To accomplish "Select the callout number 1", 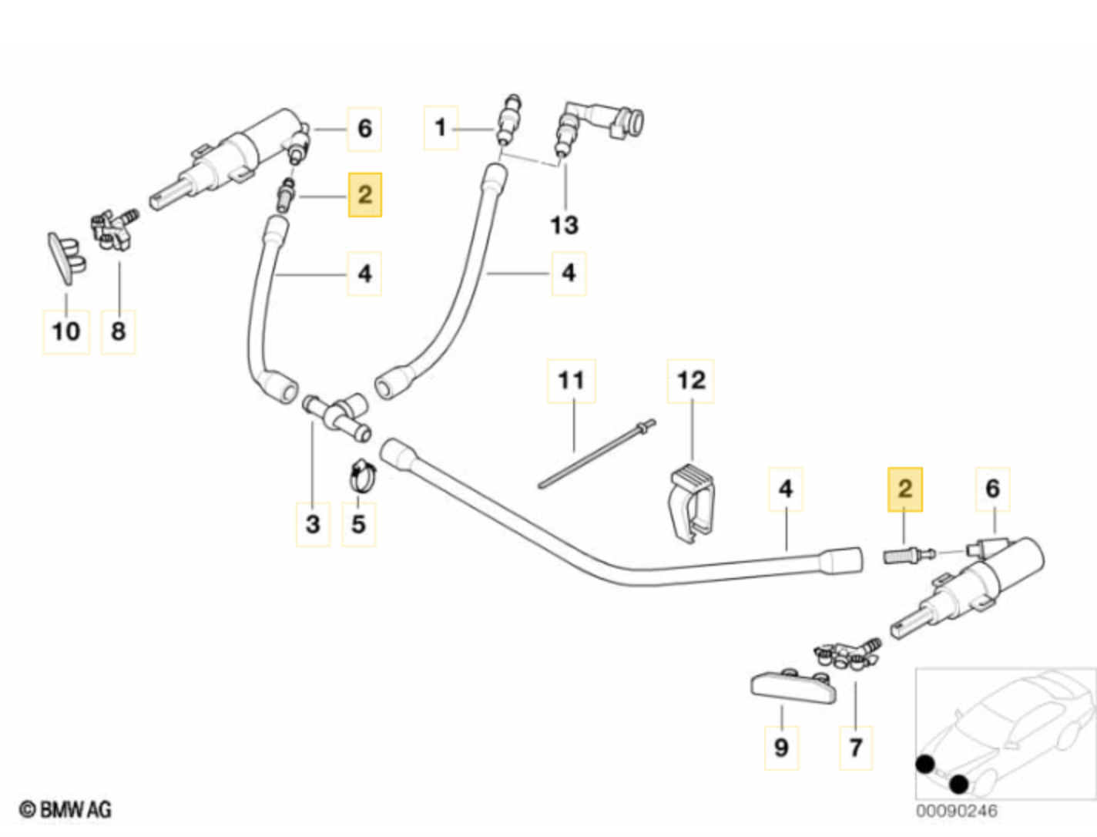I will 441,127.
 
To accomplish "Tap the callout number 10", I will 65,331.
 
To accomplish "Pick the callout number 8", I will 118,331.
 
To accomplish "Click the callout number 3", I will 313,524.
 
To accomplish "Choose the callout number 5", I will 358,524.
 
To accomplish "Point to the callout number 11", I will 571,380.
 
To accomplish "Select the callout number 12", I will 690,380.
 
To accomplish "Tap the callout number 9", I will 781,747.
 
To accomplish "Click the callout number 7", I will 855,747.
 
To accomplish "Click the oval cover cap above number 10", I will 66,254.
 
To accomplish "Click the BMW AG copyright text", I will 65,809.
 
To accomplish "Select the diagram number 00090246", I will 956,811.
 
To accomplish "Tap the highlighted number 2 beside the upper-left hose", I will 364,194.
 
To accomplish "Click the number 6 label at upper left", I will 364,128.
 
